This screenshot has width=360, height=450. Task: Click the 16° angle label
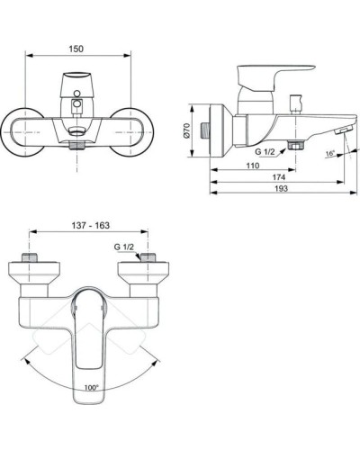coord(331,155)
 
